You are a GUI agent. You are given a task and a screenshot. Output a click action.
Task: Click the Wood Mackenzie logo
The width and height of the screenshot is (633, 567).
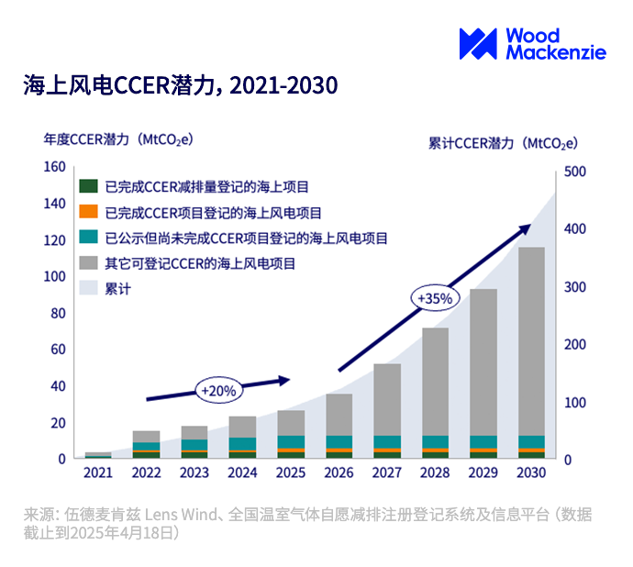point(531,43)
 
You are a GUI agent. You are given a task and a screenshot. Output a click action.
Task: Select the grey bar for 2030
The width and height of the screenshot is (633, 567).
point(531,339)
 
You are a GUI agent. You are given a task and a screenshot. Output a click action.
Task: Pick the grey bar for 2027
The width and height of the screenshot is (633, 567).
point(386,399)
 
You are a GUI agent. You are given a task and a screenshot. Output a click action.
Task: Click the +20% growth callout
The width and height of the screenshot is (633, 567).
point(218,390)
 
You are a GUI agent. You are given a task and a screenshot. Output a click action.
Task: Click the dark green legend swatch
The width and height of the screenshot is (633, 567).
point(89,187)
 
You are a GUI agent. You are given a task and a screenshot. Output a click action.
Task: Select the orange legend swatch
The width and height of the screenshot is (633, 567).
point(89,213)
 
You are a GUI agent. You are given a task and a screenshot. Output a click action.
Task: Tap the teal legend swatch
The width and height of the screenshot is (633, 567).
point(89,238)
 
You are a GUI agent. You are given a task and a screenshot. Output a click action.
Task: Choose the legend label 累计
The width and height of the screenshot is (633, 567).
point(118,288)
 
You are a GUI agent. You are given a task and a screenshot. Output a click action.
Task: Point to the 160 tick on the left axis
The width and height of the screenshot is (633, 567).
point(55,167)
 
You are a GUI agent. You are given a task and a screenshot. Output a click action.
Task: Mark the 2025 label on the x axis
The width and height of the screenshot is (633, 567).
point(291,473)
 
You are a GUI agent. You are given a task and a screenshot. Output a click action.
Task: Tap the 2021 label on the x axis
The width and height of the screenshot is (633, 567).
point(98,473)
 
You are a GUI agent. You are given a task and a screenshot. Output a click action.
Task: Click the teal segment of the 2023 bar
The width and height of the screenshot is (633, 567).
point(194,445)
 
